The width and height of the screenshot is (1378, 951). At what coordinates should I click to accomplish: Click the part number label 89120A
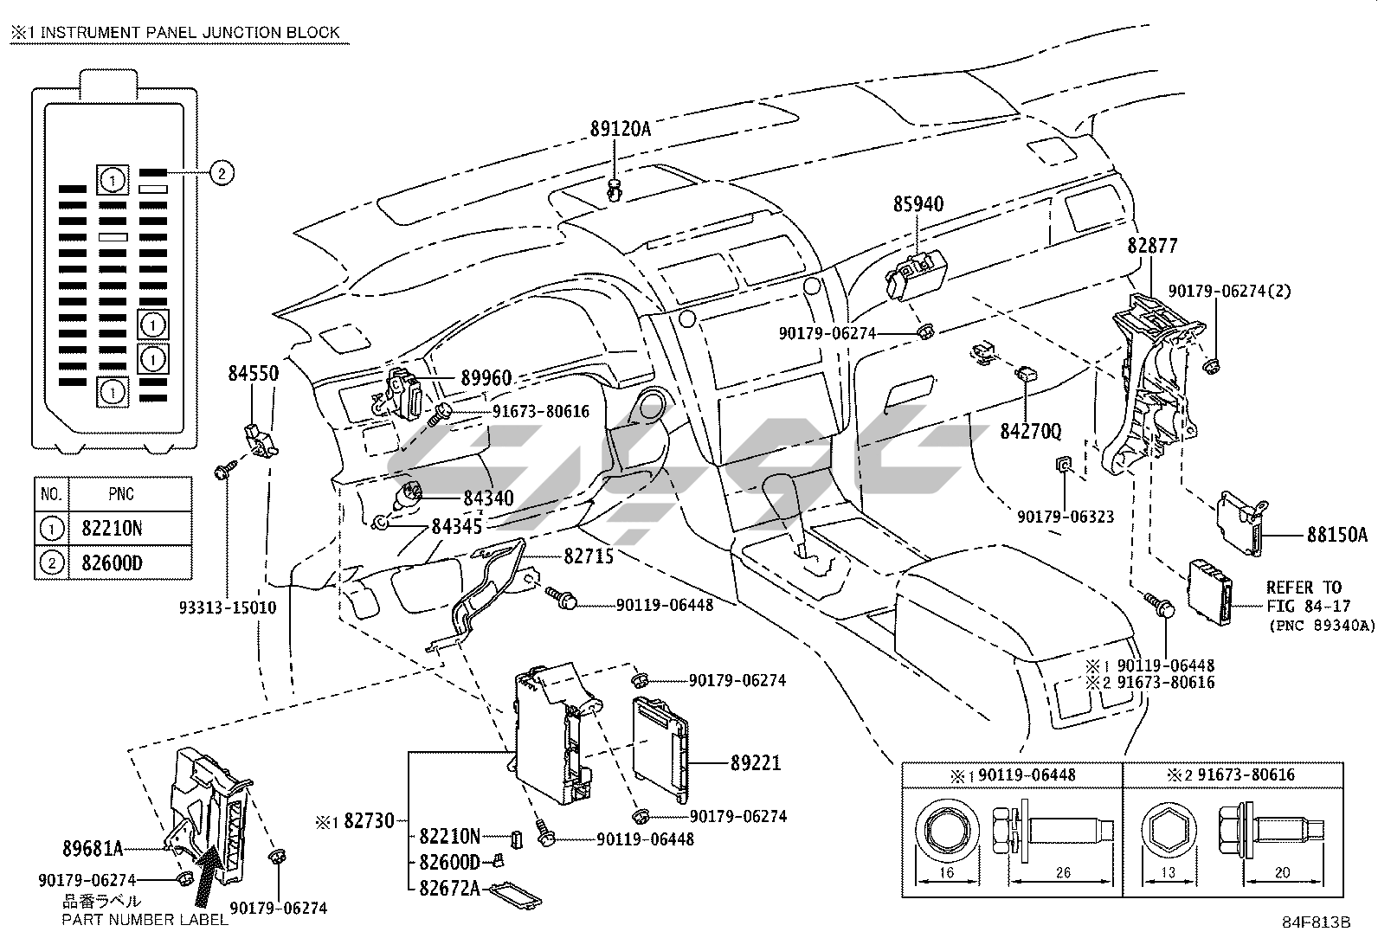coord(620,129)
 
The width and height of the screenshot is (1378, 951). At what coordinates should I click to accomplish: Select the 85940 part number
coord(918,204)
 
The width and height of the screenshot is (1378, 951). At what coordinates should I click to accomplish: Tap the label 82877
coord(1151,246)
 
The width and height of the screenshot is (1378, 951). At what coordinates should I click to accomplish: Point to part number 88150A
coord(1336,535)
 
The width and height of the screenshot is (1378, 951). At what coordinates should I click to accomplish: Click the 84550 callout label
coord(254,373)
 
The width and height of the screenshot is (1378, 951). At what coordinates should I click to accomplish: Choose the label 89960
coord(486,377)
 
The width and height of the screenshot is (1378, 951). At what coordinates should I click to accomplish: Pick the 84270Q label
coord(1030,432)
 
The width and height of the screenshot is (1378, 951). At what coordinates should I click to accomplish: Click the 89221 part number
coord(756,763)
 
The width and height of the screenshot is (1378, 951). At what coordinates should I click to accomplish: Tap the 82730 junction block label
coord(369,820)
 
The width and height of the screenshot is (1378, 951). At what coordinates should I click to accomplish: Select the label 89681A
coord(93,850)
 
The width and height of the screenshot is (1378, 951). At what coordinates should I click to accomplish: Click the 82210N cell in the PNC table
coord(112,529)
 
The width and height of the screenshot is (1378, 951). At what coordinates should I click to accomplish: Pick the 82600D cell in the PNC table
coord(112,562)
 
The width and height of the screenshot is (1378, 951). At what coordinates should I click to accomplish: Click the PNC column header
coord(121,494)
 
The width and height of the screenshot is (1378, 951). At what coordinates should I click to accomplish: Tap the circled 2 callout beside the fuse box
coord(222,173)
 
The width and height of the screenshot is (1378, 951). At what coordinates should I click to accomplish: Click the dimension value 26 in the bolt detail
coord(1063,872)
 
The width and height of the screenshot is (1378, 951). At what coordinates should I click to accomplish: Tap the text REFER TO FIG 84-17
coord(1304,597)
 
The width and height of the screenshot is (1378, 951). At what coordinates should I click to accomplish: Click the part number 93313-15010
coord(228,607)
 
